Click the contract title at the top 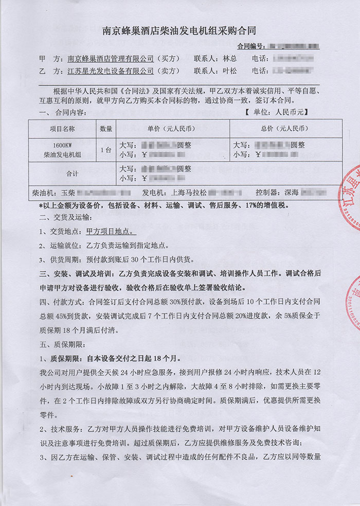pyautogui.click(x=180, y=31)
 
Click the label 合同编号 pyautogui.click(x=251, y=46)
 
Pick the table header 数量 pyautogui.click(x=106, y=129)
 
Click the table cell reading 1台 pyautogui.click(x=106, y=150)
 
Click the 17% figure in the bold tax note pyautogui.click(x=256, y=205)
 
